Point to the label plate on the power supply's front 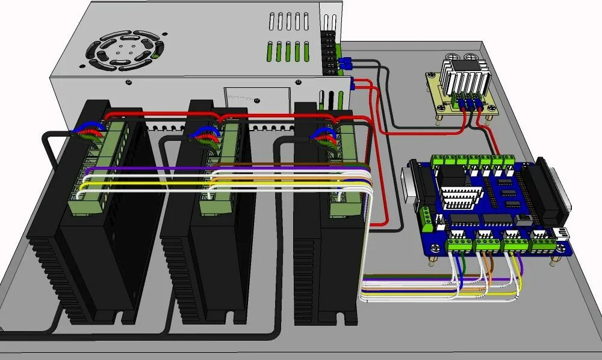point(256,97)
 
